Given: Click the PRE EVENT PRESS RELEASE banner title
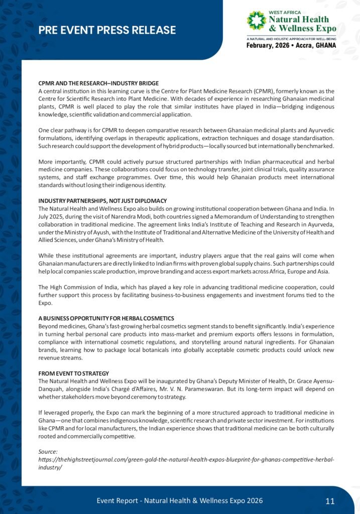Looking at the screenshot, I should click(x=107, y=30).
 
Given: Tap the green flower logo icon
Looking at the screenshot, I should click(x=256, y=20).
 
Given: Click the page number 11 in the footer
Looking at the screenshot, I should click(x=330, y=500).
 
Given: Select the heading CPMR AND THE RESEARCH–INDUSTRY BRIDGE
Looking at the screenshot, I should click(x=98, y=83).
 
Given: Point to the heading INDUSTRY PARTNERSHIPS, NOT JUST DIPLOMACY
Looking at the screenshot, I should click(x=102, y=201).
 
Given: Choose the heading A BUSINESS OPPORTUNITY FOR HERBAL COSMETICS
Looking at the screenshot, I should click(x=106, y=318).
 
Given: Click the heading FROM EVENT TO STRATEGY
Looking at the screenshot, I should click(x=74, y=373).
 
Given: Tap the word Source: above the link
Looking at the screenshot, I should click(x=48, y=452).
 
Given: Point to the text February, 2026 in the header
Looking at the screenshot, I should click(x=264, y=45).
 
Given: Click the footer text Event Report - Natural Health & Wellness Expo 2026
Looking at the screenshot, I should click(x=179, y=500).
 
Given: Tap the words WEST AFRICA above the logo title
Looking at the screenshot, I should click(x=284, y=12).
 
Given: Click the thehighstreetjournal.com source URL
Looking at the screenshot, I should click(x=186, y=460).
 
